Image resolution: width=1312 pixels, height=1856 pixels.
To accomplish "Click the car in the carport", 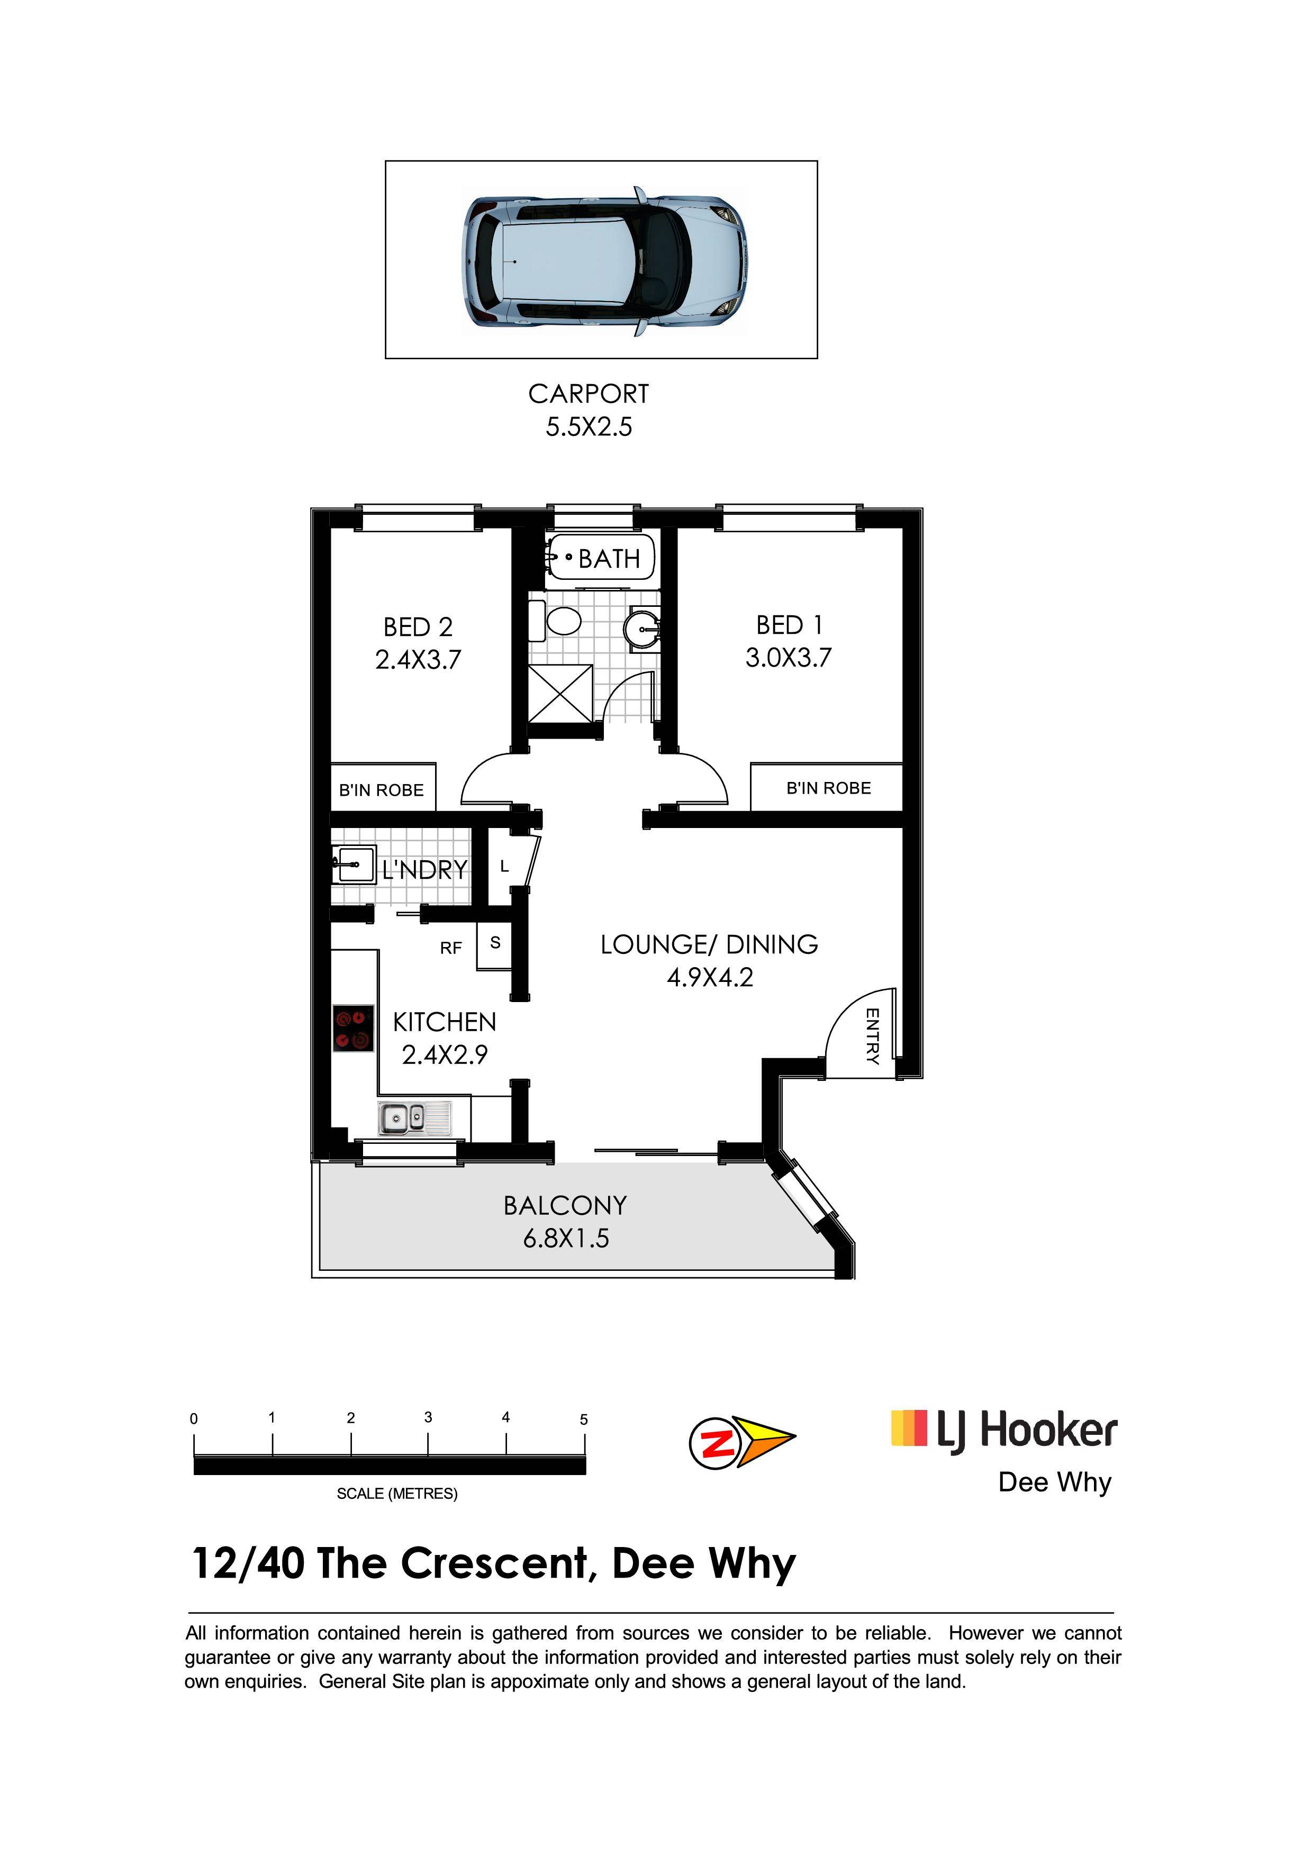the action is (x=605, y=261).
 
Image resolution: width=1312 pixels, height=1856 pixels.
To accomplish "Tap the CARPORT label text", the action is (x=589, y=394).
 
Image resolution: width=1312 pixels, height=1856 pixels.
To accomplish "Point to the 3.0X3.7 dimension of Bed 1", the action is (x=788, y=657).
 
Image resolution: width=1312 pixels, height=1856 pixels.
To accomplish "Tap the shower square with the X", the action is (x=560, y=694).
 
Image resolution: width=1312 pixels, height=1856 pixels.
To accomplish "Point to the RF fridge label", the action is (x=451, y=948).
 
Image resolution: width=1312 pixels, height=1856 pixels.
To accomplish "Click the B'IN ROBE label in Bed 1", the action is (x=829, y=788).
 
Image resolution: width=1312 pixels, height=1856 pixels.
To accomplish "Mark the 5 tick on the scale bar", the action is (x=584, y=1444).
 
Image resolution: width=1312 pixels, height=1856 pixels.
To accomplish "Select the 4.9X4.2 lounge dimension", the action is (x=710, y=977).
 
